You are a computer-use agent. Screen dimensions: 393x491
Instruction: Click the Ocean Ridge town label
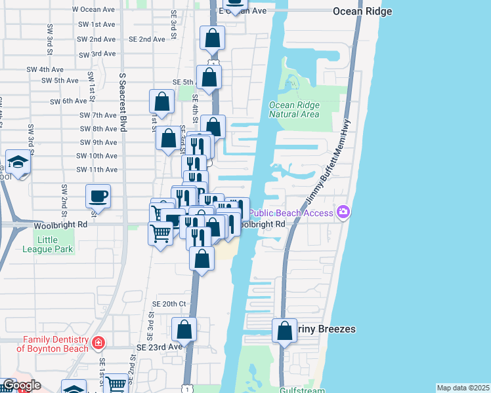pos(362,12)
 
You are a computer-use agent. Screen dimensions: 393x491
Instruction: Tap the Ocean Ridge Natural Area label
pos(294,109)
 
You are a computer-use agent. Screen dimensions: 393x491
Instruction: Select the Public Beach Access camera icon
pos(343,212)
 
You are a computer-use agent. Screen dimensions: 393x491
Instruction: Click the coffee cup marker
pos(98,196)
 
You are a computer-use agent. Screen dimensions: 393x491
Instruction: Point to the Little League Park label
pos(56,244)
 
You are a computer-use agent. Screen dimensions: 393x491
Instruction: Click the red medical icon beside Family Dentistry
pos(98,343)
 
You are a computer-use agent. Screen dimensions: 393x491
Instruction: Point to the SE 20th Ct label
pos(169,304)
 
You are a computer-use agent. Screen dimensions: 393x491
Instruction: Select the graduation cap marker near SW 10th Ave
pos(18,162)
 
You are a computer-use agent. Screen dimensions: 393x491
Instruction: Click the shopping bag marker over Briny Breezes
pos(284,331)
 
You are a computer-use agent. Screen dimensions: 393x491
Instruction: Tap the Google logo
pos(21,385)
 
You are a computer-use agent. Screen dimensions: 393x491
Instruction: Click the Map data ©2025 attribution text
pos(463,388)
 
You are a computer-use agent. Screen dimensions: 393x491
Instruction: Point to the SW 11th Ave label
pos(96,170)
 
